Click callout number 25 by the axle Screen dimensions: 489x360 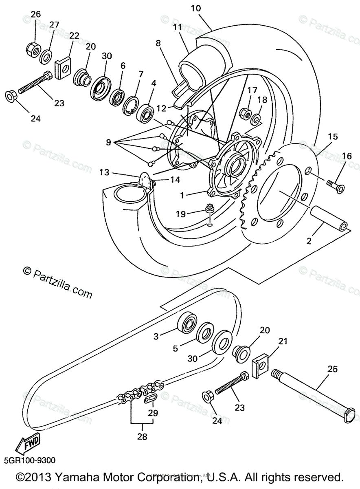tap(333, 370)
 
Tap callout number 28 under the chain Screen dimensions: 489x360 tap(142, 437)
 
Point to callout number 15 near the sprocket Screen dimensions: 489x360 tap(333, 137)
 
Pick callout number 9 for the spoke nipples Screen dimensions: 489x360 tap(108, 142)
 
